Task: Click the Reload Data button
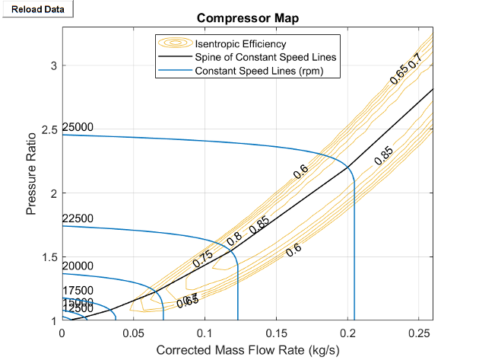[x=37, y=9]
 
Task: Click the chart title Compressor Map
[x=247, y=18]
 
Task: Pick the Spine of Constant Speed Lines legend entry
[x=265, y=57]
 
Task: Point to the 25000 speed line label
[x=78, y=126]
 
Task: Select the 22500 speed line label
[x=78, y=218]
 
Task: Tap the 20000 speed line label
[x=78, y=266]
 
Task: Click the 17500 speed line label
[x=78, y=290]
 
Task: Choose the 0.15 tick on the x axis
[x=276, y=333]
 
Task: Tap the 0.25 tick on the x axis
[x=418, y=333]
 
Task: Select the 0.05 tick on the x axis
[x=133, y=333]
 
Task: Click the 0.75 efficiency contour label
[x=203, y=258]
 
